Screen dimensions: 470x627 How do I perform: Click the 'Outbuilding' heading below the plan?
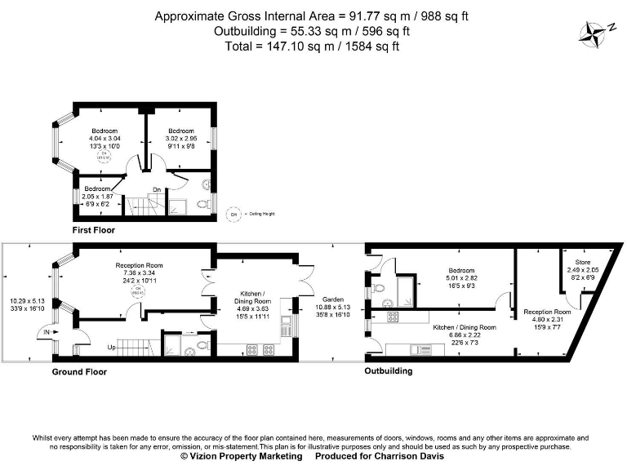(x=389, y=371)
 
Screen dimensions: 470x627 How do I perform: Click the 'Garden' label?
(x=331, y=299)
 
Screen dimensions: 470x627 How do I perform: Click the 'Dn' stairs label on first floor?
(x=155, y=190)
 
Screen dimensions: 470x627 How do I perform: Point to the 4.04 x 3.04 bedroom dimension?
(x=104, y=140)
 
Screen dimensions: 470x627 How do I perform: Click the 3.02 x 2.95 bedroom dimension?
(x=181, y=140)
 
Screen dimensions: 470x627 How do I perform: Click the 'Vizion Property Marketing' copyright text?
(x=242, y=457)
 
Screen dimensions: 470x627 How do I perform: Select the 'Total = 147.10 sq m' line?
(x=313, y=47)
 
